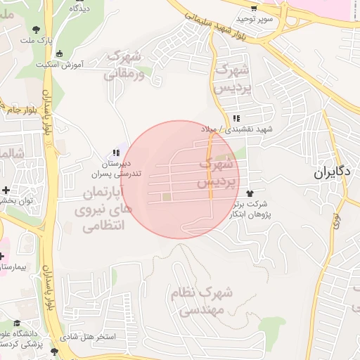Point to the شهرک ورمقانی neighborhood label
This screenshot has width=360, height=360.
(x=126, y=63)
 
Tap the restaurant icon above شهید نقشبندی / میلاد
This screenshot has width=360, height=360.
(x=237, y=118)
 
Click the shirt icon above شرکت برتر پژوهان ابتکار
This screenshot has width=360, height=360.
(x=249, y=192)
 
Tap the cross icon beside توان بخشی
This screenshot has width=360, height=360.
(x=6, y=190)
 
